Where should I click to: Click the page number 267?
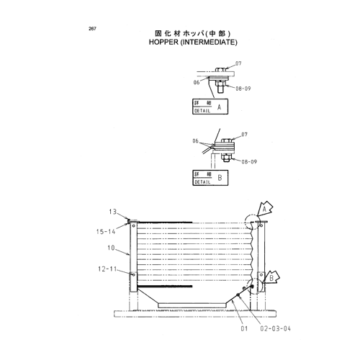92,29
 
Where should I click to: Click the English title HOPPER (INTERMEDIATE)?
193,42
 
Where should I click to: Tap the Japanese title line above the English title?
192,33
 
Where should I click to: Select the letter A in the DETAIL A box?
219,107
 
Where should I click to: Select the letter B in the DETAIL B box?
220,178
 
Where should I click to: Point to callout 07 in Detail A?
238,63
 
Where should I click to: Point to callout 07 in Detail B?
244,135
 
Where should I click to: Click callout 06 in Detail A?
197,83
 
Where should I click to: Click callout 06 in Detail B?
196,141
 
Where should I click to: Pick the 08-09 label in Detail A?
243,89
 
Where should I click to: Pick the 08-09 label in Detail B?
249,162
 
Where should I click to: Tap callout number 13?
112,212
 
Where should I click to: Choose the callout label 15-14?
106,232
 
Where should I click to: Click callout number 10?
111,248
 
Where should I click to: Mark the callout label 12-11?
107,269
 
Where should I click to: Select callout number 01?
244,328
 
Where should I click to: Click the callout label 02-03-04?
275,328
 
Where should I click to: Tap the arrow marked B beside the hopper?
271,279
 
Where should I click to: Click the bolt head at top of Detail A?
220,70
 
